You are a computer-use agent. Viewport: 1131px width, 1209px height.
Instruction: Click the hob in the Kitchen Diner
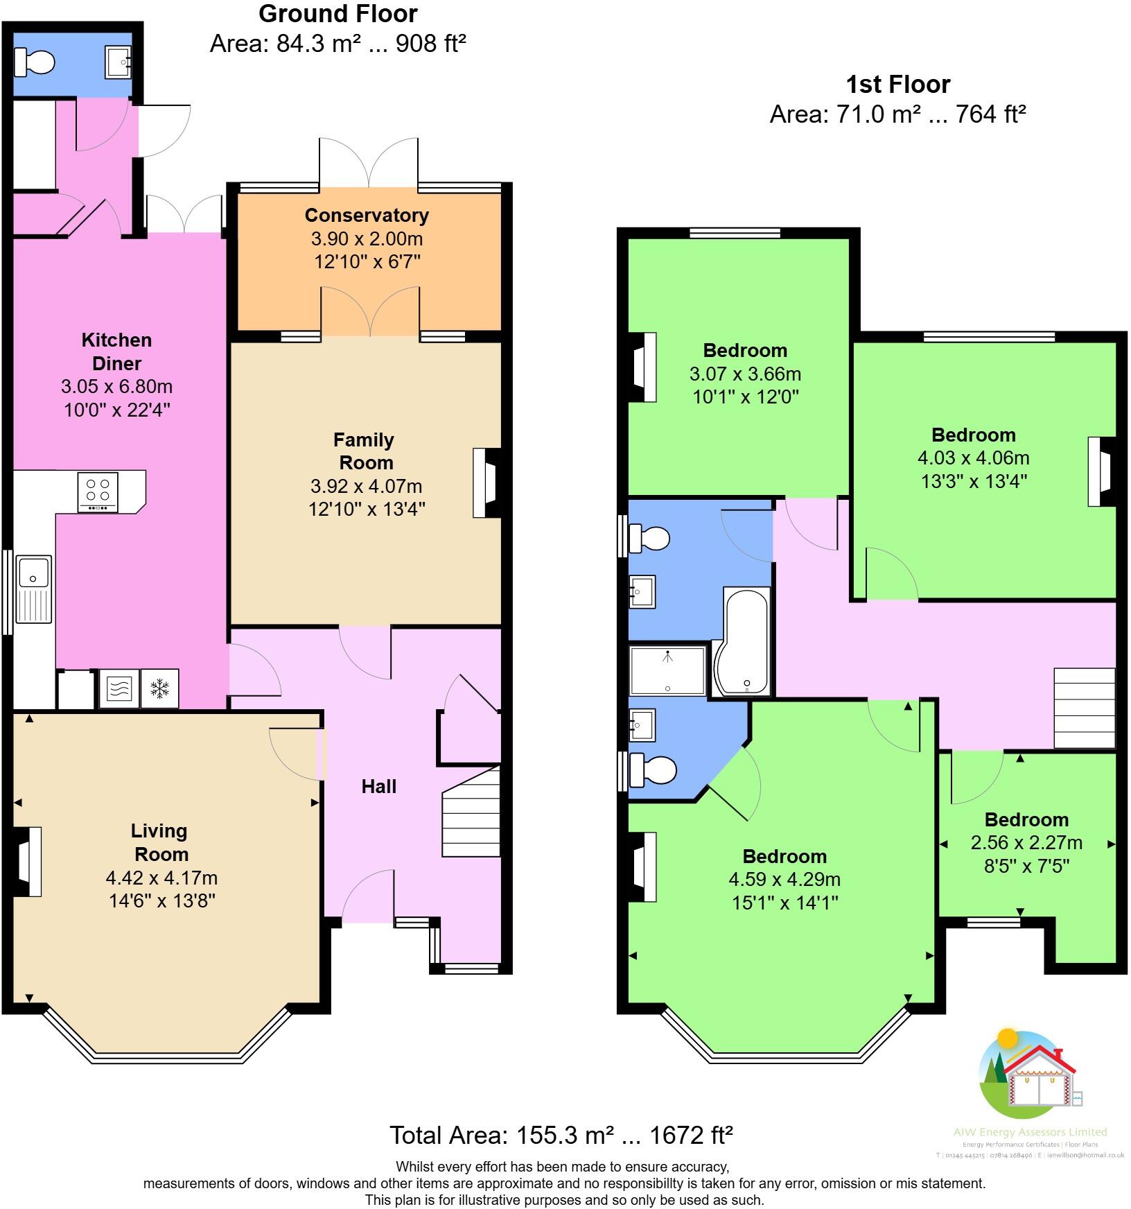98,492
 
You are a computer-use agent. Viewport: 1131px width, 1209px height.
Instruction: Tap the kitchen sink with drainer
34,589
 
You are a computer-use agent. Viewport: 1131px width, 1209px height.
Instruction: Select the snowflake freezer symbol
160,688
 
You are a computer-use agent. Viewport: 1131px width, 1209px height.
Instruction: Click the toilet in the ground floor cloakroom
35,62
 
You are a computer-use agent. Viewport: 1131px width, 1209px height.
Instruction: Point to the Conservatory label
367,215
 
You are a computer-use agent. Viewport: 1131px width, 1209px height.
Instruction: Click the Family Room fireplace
486,482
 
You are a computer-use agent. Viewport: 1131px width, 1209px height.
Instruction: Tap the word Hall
378,786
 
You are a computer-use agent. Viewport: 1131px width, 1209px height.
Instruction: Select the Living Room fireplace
27,862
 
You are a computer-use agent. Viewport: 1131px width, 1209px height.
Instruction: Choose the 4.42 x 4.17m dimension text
161,878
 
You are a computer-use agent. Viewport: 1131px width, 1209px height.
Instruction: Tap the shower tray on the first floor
667,670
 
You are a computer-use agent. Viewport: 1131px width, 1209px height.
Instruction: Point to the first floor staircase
1085,708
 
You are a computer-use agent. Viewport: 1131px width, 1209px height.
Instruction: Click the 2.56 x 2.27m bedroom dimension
1026,842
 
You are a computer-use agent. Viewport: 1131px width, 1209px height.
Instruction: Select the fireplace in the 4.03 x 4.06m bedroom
1100,471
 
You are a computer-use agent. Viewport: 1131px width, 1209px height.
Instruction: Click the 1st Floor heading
897,85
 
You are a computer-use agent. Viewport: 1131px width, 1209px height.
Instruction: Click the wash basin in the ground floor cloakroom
119,62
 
